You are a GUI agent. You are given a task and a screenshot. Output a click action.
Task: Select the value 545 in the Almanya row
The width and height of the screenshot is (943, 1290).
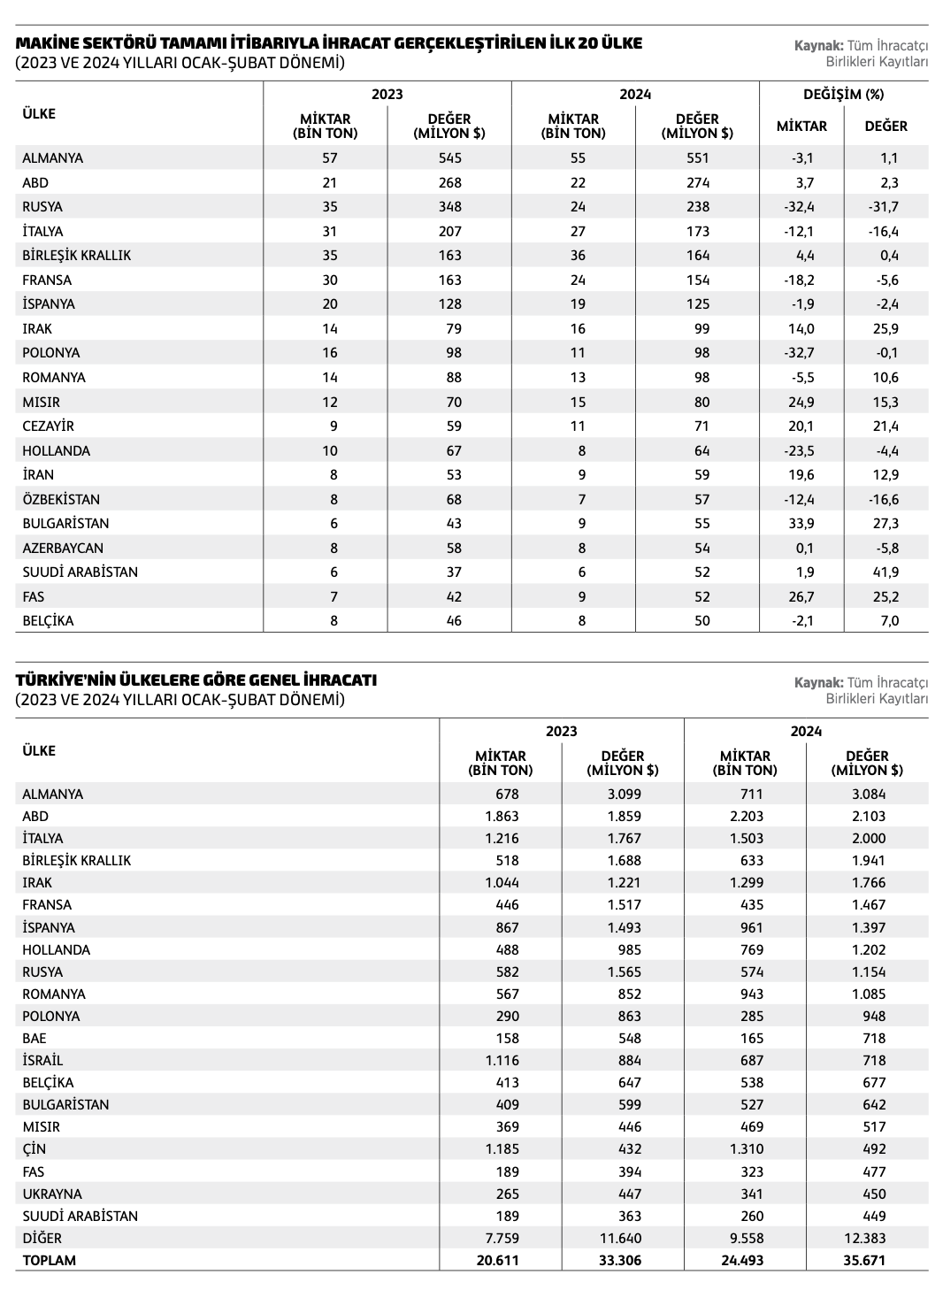[449, 158]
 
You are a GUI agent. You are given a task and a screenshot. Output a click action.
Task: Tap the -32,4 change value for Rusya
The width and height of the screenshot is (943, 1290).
[801, 207]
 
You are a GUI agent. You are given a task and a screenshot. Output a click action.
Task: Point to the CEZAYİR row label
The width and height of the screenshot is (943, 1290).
[48, 426]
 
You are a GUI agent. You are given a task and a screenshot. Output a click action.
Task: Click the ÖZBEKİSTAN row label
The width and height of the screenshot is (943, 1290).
[61, 499]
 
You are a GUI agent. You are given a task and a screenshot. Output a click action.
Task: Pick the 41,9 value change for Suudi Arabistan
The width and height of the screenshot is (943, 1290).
[885, 572]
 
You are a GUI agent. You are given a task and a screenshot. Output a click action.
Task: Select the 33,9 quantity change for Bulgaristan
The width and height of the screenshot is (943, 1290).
[801, 524]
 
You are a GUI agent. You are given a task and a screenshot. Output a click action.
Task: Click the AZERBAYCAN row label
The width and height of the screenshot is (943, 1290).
[63, 548]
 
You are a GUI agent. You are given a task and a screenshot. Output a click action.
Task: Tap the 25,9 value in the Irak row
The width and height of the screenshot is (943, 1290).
[885, 329]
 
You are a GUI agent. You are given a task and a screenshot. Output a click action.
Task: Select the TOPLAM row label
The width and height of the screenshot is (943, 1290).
[50, 1261]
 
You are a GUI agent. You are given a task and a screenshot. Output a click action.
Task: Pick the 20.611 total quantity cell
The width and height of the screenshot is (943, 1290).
[497, 1261]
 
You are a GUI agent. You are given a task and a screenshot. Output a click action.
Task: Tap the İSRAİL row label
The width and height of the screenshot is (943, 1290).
[42, 1061]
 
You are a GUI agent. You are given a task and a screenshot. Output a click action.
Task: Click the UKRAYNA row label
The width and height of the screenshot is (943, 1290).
[52, 1194]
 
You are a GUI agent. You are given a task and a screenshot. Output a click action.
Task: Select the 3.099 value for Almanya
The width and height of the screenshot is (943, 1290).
[623, 795]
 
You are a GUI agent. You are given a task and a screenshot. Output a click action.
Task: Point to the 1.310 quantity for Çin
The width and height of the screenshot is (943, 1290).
[745, 1149]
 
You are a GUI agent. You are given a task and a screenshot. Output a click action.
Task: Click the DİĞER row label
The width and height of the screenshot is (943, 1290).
[42, 1239]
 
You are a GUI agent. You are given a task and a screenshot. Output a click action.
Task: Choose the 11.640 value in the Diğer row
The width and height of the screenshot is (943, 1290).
[619, 1239]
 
